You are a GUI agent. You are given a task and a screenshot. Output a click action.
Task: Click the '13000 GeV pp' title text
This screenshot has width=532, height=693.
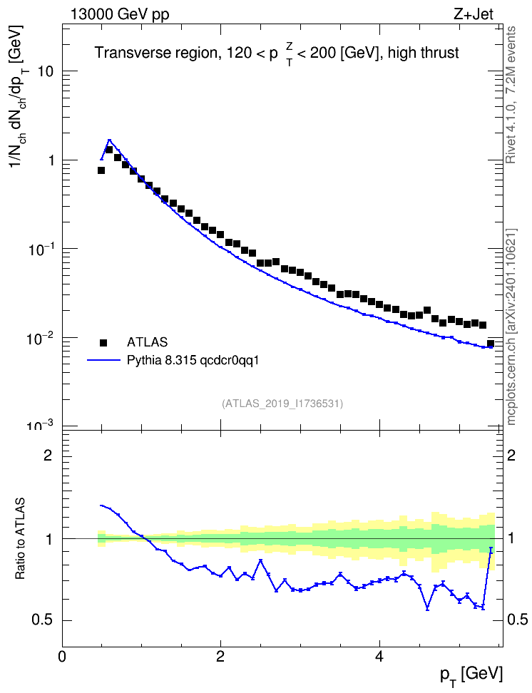click(120, 15)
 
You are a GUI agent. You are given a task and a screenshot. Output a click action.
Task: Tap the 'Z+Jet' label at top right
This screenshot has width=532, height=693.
click(474, 14)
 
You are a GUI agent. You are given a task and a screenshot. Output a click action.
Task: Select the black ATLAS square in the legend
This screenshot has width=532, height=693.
click(103, 342)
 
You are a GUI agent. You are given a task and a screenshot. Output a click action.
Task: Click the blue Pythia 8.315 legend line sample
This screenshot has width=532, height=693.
click(104, 361)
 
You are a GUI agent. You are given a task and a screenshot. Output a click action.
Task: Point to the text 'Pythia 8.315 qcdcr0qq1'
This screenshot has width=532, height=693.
click(193, 361)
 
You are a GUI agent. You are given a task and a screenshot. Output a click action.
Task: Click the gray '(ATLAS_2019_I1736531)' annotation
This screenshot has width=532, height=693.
click(282, 404)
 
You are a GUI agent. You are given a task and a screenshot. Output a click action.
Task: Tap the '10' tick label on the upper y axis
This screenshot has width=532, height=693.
click(46, 71)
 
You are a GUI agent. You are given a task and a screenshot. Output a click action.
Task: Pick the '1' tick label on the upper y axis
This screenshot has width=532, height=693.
click(51, 160)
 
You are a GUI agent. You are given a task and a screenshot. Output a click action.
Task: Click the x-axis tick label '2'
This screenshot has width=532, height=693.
click(220, 656)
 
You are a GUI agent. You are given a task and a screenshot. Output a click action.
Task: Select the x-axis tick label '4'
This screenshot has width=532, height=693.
click(379, 656)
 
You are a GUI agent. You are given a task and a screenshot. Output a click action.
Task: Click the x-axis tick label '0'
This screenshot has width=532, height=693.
click(62, 656)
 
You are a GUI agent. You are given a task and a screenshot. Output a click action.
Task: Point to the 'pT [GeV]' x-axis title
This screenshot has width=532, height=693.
click(471, 676)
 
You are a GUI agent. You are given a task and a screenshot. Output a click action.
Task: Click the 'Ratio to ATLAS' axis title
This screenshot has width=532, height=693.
click(20, 539)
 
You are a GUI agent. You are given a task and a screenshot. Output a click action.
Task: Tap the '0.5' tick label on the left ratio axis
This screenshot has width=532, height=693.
click(42, 620)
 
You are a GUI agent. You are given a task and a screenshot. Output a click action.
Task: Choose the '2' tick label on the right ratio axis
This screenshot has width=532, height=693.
click(511, 455)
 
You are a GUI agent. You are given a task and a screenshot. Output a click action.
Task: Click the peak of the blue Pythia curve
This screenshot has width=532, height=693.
click(109, 140)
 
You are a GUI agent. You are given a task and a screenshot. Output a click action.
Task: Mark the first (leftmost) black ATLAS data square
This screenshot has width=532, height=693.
click(101, 170)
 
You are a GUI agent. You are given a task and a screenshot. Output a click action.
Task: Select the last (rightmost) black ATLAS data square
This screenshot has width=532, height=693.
click(491, 344)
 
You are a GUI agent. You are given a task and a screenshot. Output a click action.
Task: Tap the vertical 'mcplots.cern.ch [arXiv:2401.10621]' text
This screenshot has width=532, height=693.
click(511, 327)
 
